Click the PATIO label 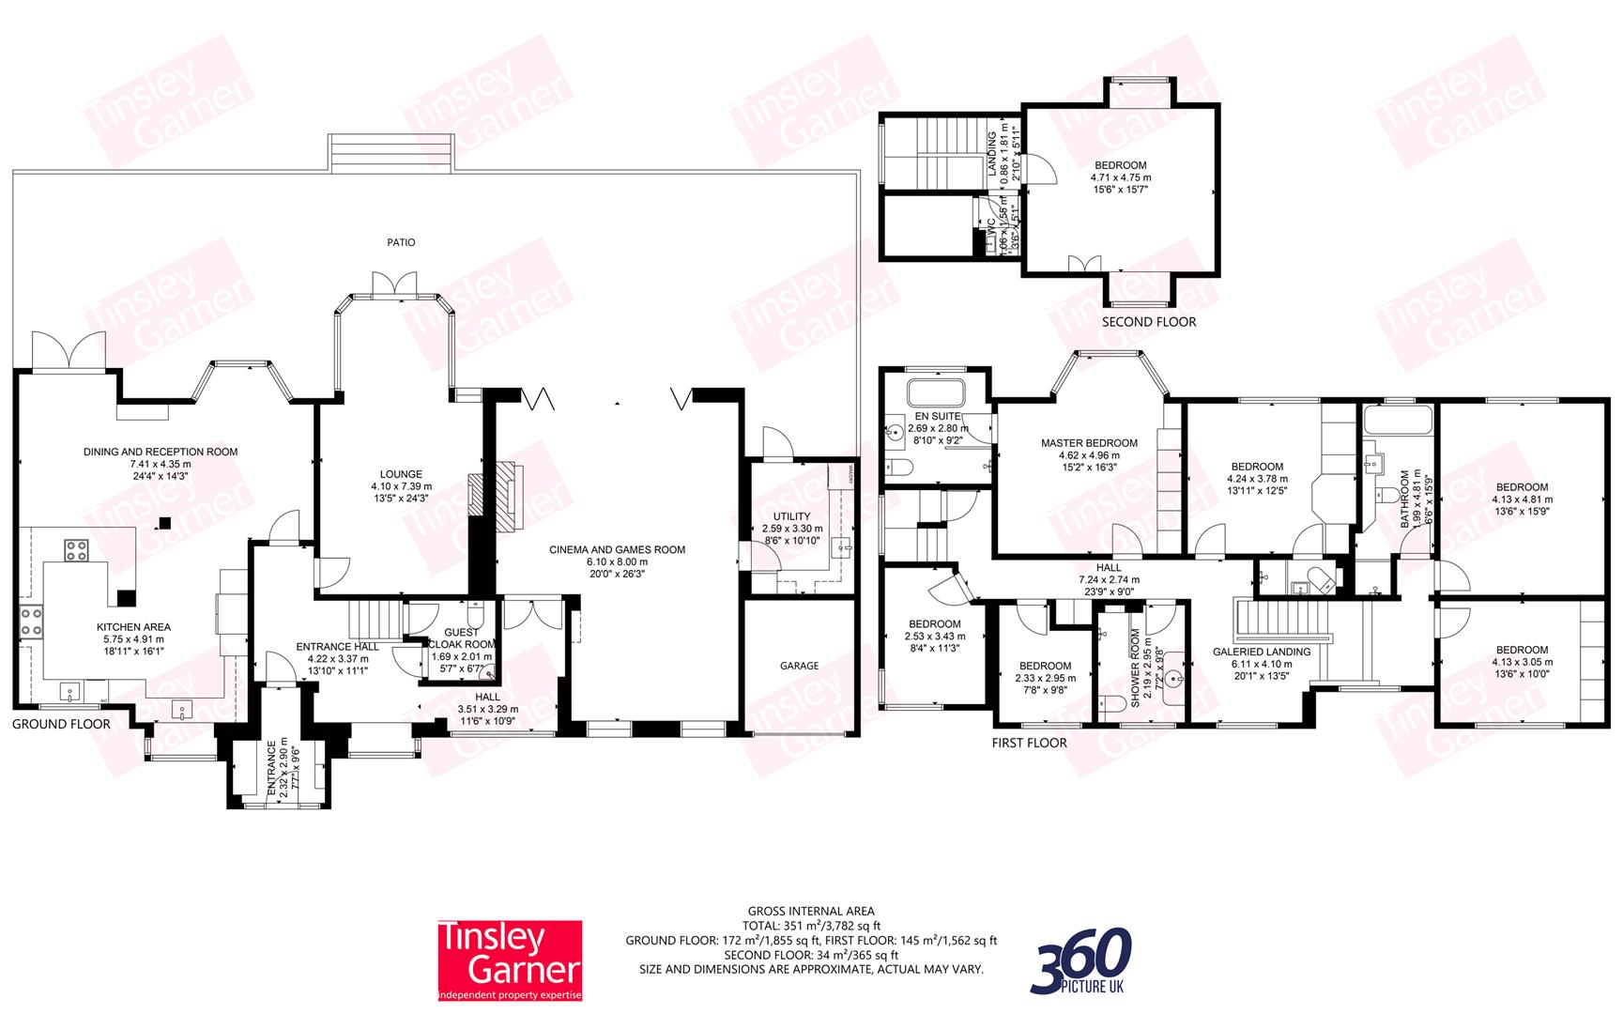point(401,242)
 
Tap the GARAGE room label point(799,666)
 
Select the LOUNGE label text point(401,474)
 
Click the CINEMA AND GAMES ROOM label point(617,550)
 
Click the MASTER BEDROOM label point(1089,443)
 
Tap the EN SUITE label point(937,416)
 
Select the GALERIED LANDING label point(1261,652)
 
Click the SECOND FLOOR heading point(1149,322)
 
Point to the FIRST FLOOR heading point(1029,743)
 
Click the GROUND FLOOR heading point(61,724)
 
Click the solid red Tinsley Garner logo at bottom point(511,960)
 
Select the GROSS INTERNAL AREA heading point(811,911)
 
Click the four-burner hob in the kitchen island point(76,550)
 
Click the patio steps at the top point(391,151)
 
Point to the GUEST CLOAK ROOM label point(461,638)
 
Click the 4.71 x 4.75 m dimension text point(1120,177)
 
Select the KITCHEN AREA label point(133,627)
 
